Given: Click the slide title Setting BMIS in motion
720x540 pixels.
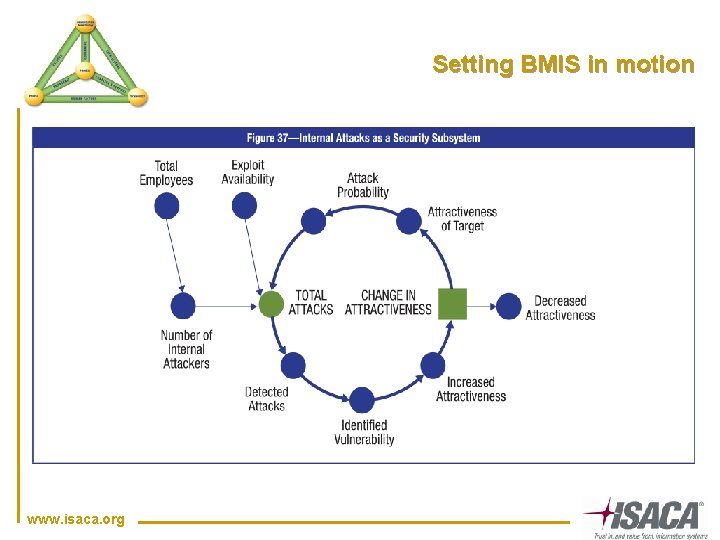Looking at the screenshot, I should pos(563,65).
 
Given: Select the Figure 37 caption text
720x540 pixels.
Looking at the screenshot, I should pos(364,137).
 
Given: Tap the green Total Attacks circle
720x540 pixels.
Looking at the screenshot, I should pos(271,303).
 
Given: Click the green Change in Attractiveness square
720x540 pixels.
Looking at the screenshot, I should pos(453,303).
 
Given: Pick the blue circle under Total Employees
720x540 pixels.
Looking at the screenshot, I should pos(167,206).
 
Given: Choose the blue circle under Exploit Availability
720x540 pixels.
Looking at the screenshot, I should pos(244,205).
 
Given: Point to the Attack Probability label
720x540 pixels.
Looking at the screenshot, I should pos(363,185).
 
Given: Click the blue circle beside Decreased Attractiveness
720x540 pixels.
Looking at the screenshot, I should pos(509,305).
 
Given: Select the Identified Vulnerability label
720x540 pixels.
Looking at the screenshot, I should pos(364,432).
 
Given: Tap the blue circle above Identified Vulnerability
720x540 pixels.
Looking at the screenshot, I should pos(362,401).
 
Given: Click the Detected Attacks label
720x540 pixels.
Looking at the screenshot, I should pos(267,399).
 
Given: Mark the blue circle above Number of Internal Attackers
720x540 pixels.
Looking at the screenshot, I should pos(182,305).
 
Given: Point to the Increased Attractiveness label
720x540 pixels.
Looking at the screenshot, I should pos(471,389).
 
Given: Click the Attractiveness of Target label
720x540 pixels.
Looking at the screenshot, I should pos(462,219).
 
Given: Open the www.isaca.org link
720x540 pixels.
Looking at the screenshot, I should pos(76,519).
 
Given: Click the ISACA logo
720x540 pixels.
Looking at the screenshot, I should pos(645,516).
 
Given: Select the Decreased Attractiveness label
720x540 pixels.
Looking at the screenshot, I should pos(561,308).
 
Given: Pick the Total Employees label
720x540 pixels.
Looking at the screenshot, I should pos(166,173).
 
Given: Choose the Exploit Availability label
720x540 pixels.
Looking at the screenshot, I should pos(247,172).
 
